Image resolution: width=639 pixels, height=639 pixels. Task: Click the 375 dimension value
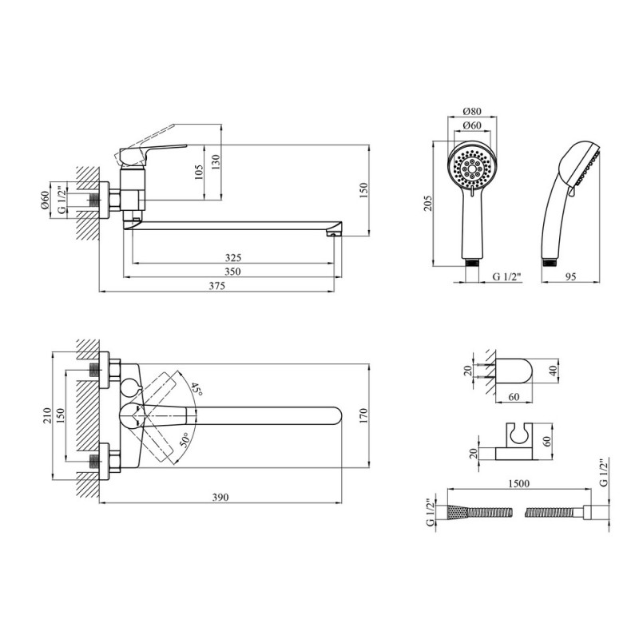point(216,286)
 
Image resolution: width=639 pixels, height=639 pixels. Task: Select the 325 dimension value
point(233,257)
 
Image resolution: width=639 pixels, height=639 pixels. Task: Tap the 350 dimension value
point(232,272)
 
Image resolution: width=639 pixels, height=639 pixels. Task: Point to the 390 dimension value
point(220,497)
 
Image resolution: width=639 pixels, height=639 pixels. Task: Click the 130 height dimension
point(216,162)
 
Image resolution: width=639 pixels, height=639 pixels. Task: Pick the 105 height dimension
point(198,173)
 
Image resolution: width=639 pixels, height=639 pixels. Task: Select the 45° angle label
point(196,389)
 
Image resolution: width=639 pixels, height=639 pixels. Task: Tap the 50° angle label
point(185,441)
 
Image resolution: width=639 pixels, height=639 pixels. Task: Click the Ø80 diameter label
point(472,111)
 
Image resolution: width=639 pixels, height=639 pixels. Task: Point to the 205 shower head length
point(427,203)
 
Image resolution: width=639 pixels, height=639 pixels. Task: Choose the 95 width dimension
point(571,276)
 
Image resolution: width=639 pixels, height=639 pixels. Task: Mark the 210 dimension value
point(48,415)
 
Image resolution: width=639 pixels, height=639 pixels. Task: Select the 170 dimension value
point(363,415)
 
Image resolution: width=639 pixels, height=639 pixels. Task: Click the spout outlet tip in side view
point(333,234)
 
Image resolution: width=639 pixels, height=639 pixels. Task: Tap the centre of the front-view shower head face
point(472,168)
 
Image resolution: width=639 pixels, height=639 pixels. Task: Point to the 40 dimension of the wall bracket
point(553,371)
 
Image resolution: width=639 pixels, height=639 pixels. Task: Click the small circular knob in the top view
point(129,387)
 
